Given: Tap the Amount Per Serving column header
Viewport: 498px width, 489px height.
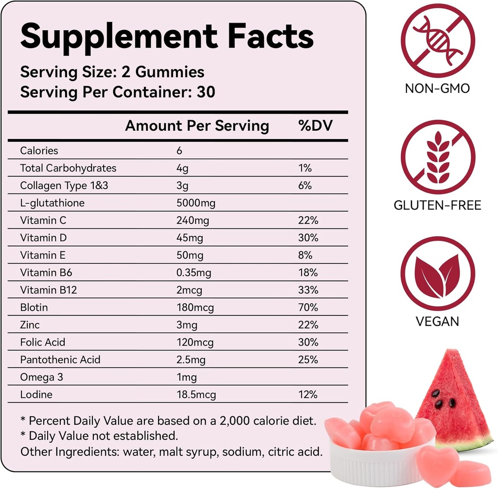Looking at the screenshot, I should coord(197,126).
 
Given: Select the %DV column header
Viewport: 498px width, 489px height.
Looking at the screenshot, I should coord(315,126).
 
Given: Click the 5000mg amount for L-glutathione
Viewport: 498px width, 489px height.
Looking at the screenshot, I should coord(196,203).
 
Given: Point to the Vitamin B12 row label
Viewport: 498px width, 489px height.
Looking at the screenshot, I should coord(48,290).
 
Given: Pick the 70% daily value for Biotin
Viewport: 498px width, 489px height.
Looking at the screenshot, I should coord(308,308).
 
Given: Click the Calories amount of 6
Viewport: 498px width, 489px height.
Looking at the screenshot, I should coord(179,151).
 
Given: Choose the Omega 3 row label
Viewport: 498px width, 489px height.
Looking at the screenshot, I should coord(41,377).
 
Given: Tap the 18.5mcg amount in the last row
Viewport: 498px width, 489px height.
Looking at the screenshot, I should coord(196,395).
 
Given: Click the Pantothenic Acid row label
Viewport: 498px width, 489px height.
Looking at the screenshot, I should coord(60,360).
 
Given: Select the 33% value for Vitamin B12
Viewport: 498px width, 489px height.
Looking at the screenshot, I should coord(308,290).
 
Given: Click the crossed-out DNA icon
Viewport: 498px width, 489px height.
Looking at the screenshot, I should coord(437,40).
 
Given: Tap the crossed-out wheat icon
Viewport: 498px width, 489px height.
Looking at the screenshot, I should coord(437,157).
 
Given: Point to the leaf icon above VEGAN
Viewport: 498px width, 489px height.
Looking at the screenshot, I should coord(437,274).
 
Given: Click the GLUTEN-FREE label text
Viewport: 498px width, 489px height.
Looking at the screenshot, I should coord(437,205).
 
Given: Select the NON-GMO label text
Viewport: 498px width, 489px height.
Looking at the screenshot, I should coord(437,89).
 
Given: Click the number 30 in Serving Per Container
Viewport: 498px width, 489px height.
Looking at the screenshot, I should coord(206,92).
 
